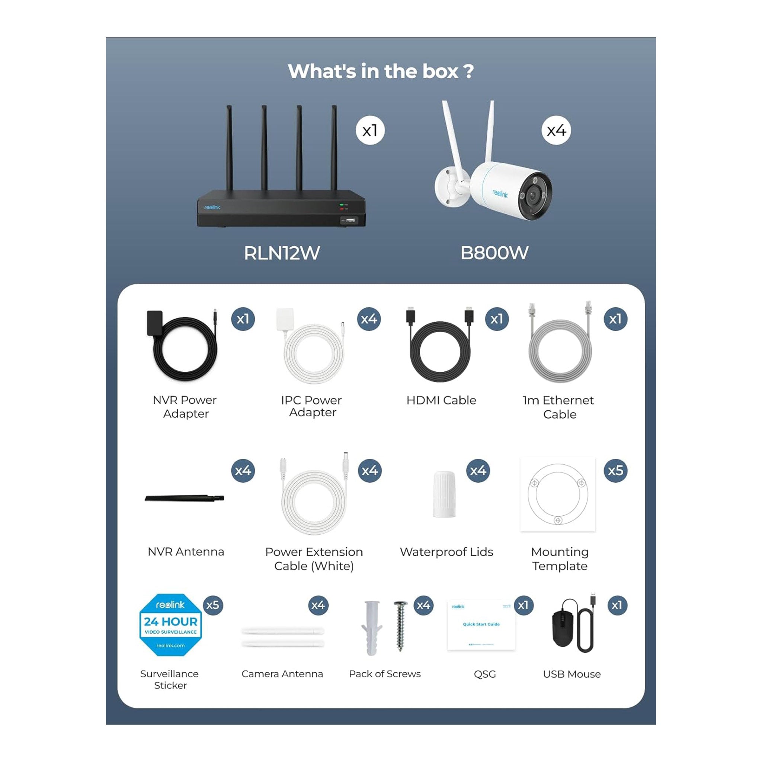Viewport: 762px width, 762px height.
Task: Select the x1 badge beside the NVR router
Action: (370, 131)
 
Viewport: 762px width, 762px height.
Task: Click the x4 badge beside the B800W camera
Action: (556, 131)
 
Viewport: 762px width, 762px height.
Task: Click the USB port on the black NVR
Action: (349, 220)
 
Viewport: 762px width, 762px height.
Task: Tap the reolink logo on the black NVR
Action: (212, 208)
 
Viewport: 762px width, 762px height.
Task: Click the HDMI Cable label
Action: (441, 400)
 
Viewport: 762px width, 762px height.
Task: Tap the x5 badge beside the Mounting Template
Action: (615, 471)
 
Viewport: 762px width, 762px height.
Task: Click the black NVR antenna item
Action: (184, 499)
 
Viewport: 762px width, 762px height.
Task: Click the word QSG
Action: (485, 674)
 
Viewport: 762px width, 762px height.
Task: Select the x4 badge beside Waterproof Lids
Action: (478, 471)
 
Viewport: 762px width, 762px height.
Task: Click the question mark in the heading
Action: (468, 71)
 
